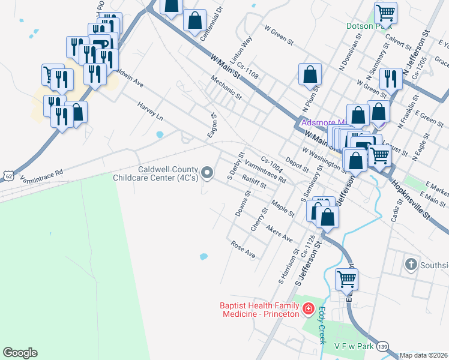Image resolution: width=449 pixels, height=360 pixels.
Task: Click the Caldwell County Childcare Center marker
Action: (x=208, y=173)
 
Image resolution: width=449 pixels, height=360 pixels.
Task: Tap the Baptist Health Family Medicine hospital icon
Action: (x=308, y=309)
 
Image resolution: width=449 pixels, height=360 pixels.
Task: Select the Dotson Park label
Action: (x=369, y=26)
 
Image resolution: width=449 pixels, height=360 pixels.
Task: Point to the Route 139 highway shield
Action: (x=383, y=346)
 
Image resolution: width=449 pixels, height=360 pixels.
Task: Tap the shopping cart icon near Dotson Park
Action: (x=385, y=13)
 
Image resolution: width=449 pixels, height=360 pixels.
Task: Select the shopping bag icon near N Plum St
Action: (x=310, y=75)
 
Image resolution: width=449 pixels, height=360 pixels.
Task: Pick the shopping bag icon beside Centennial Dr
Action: (x=194, y=20)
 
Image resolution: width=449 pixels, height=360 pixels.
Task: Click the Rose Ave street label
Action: (x=243, y=249)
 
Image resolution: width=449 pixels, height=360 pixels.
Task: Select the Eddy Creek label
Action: (x=322, y=326)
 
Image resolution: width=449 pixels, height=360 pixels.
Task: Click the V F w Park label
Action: (x=354, y=346)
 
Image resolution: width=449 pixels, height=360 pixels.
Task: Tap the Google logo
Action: (x=20, y=352)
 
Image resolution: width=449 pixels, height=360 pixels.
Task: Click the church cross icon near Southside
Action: (x=411, y=265)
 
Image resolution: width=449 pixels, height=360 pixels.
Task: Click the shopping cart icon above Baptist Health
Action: (x=346, y=279)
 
